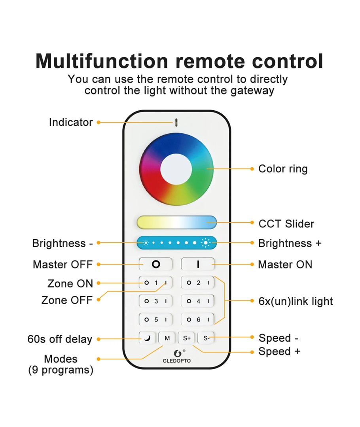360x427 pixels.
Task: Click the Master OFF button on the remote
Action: pyautogui.click(x=156, y=264)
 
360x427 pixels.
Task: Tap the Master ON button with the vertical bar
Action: pyautogui.click(x=198, y=264)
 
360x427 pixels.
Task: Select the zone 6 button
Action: pyautogui.click(x=198, y=319)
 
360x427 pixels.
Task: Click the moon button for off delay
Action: pyautogui.click(x=147, y=338)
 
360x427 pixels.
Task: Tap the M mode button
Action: pyautogui.click(x=167, y=338)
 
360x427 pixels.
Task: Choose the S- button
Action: pyautogui.click(x=206, y=338)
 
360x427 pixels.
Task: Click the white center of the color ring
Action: pyautogui.click(x=176, y=169)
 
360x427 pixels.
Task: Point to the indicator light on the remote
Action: pyautogui.click(x=176, y=122)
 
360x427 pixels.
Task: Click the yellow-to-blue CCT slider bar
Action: pyautogui.click(x=176, y=222)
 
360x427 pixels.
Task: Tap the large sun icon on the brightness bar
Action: pyautogui.click(x=206, y=242)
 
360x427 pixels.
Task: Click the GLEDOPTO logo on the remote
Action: pyautogui.click(x=176, y=356)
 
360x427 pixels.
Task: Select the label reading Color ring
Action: pyautogui.click(x=283, y=169)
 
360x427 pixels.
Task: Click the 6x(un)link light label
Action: pyautogui.click(x=296, y=302)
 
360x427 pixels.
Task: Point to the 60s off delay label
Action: pyautogui.click(x=60, y=339)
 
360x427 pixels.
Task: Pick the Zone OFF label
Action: pyautogui.click(x=67, y=300)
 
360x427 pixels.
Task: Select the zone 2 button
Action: pyautogui.click(x=198, y=283)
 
